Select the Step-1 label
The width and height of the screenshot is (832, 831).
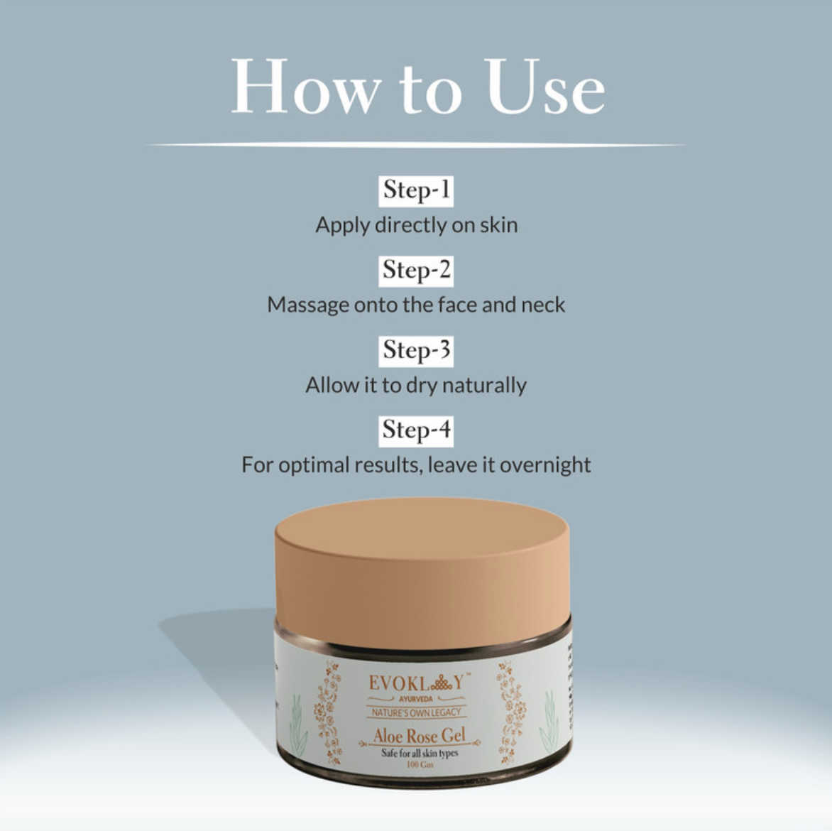click(416, 190)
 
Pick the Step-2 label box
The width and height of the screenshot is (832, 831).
click(416, 270)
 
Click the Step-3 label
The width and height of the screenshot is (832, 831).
click(416, 350)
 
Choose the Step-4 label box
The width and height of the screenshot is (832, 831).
click(416, 430)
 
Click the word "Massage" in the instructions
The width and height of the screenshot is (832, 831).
click(307, 305)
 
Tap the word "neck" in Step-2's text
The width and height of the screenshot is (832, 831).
click(543, 305)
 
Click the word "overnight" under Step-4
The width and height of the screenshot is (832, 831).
click(545, 465)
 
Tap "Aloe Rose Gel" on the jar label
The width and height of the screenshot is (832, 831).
click(419, 736)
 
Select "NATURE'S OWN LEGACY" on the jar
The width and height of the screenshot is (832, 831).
click(417, 712)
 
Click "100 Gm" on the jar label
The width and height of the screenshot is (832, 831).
click(420, 764)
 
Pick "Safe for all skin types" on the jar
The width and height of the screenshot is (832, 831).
click(420, 753)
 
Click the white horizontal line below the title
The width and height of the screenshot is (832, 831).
click(416, 145)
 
